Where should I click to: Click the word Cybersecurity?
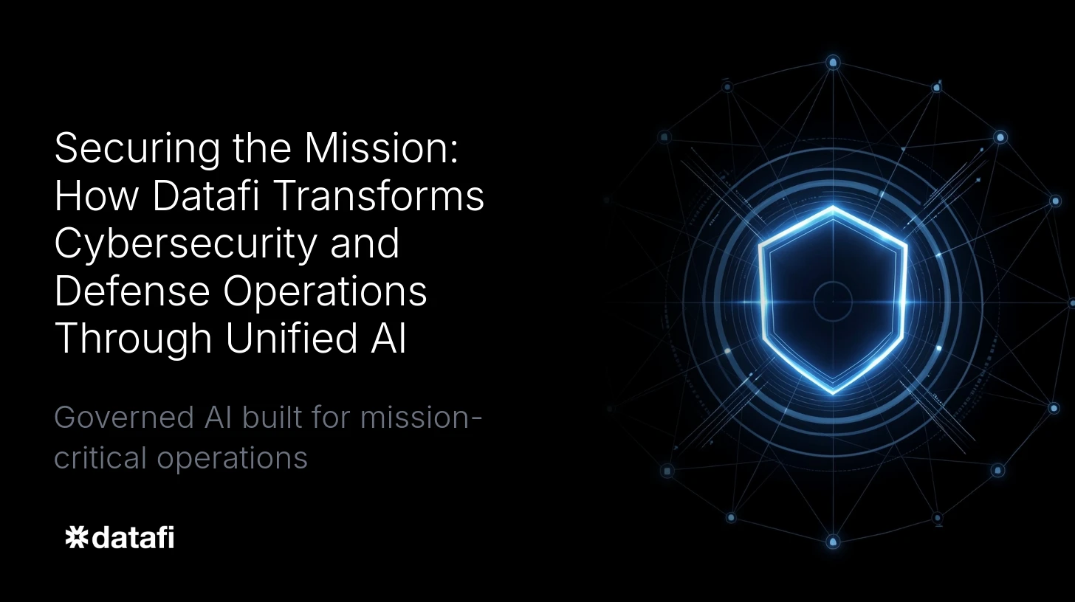coord(186,244)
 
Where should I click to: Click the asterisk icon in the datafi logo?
coord(77,538)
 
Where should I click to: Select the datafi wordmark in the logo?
coord(134,538)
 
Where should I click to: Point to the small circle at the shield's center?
coord(833,301)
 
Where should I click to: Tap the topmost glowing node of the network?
coord(833,63)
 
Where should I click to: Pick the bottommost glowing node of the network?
coord(833,542)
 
